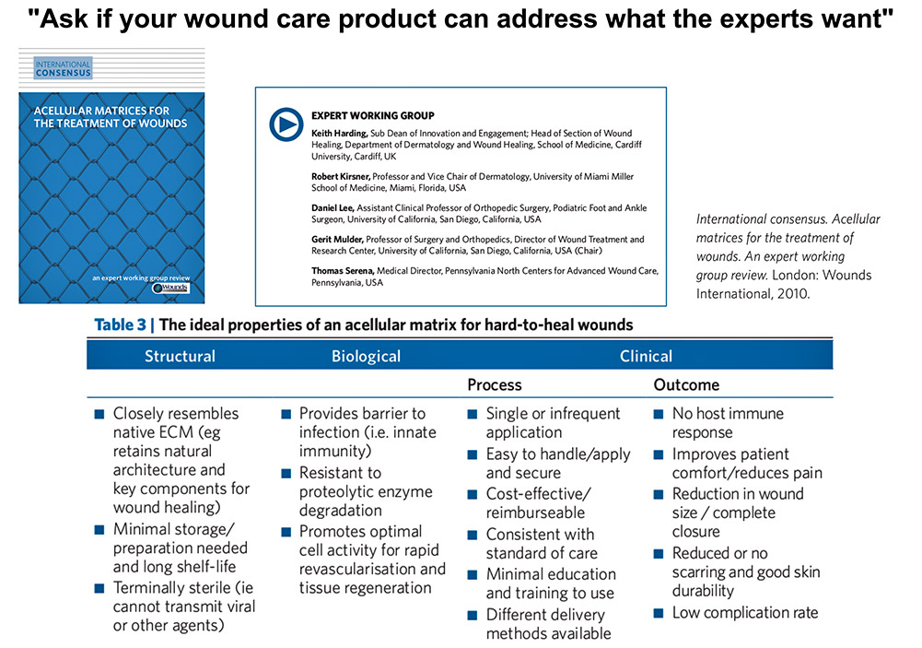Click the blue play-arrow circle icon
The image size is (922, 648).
point(285,124)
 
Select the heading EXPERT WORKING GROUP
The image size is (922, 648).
point(373,116)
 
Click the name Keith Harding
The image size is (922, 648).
point(339,134)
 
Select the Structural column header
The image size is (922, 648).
point(180,356)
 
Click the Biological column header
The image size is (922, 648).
point(366,356)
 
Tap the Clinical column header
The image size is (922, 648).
point(646,356)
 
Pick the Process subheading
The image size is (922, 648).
point(495,384)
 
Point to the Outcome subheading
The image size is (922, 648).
point(686,384)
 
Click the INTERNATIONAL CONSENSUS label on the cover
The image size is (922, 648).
point(63,67)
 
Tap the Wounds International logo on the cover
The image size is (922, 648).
point(170,289)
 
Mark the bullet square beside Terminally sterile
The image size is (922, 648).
point(99,588)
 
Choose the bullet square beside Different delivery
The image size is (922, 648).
point(473,615)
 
